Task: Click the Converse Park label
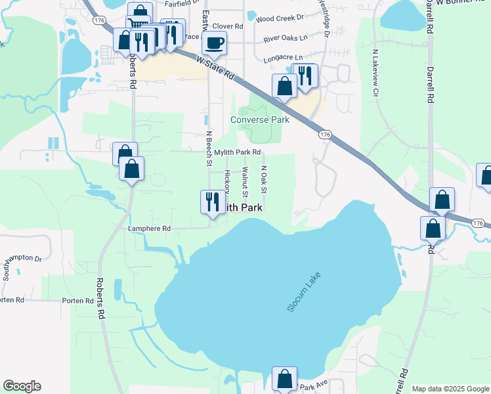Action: click(x=259, y=120)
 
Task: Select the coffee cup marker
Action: click(x=214, y=44)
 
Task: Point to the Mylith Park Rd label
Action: click(x=242, y=152)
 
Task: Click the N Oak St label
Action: click(x=264, y=179)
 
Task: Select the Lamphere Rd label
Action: click(x=150, y=229)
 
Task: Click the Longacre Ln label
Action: click(x=284, y=58)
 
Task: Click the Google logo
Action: click(x=22, y=386)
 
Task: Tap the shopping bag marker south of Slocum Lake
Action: click(x=284, y=380)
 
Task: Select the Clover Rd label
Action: click(x=230, y=27)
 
